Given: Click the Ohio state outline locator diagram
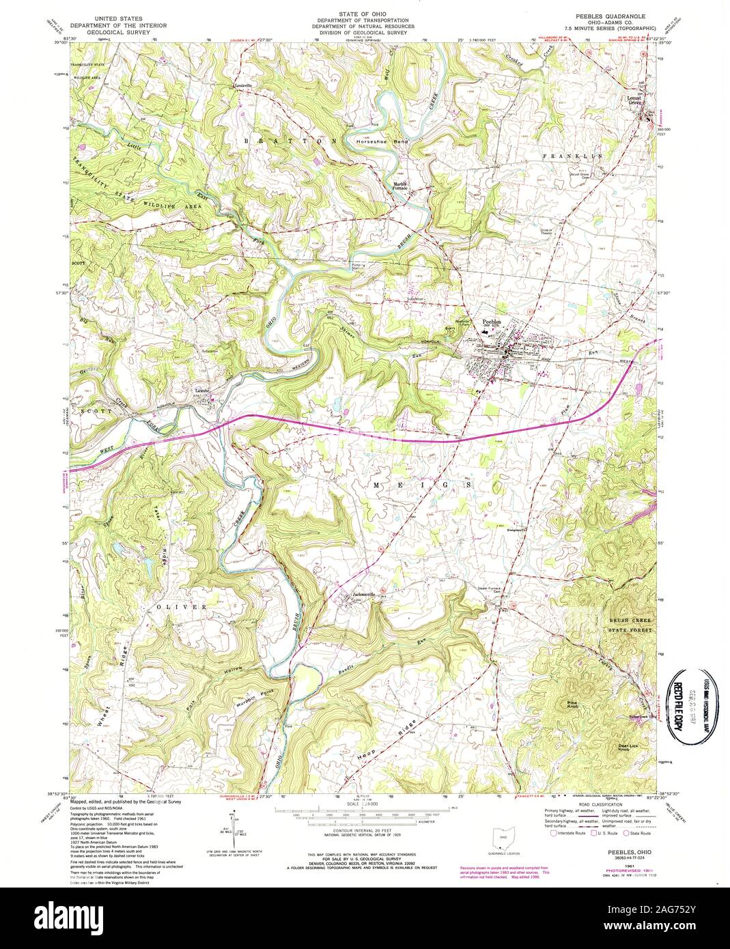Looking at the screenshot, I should pyautogui.click(x=503, y=835).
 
